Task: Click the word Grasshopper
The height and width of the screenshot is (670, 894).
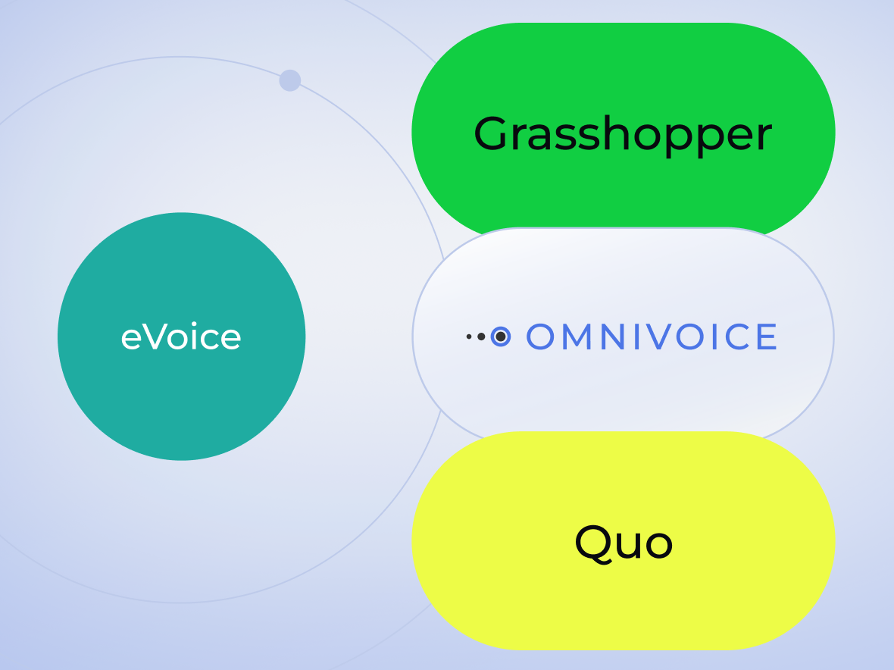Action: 623,134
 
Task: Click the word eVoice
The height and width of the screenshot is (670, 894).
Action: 181,337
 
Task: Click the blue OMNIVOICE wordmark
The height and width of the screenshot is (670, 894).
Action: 652,337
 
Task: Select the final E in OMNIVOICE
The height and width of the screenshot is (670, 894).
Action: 767,337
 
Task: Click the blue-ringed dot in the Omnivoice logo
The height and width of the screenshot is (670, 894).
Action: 501,337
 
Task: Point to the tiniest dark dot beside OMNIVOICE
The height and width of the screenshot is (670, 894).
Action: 469,337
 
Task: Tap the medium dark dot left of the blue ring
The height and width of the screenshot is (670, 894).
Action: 481,337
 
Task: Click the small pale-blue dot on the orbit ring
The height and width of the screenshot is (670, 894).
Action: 290,80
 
